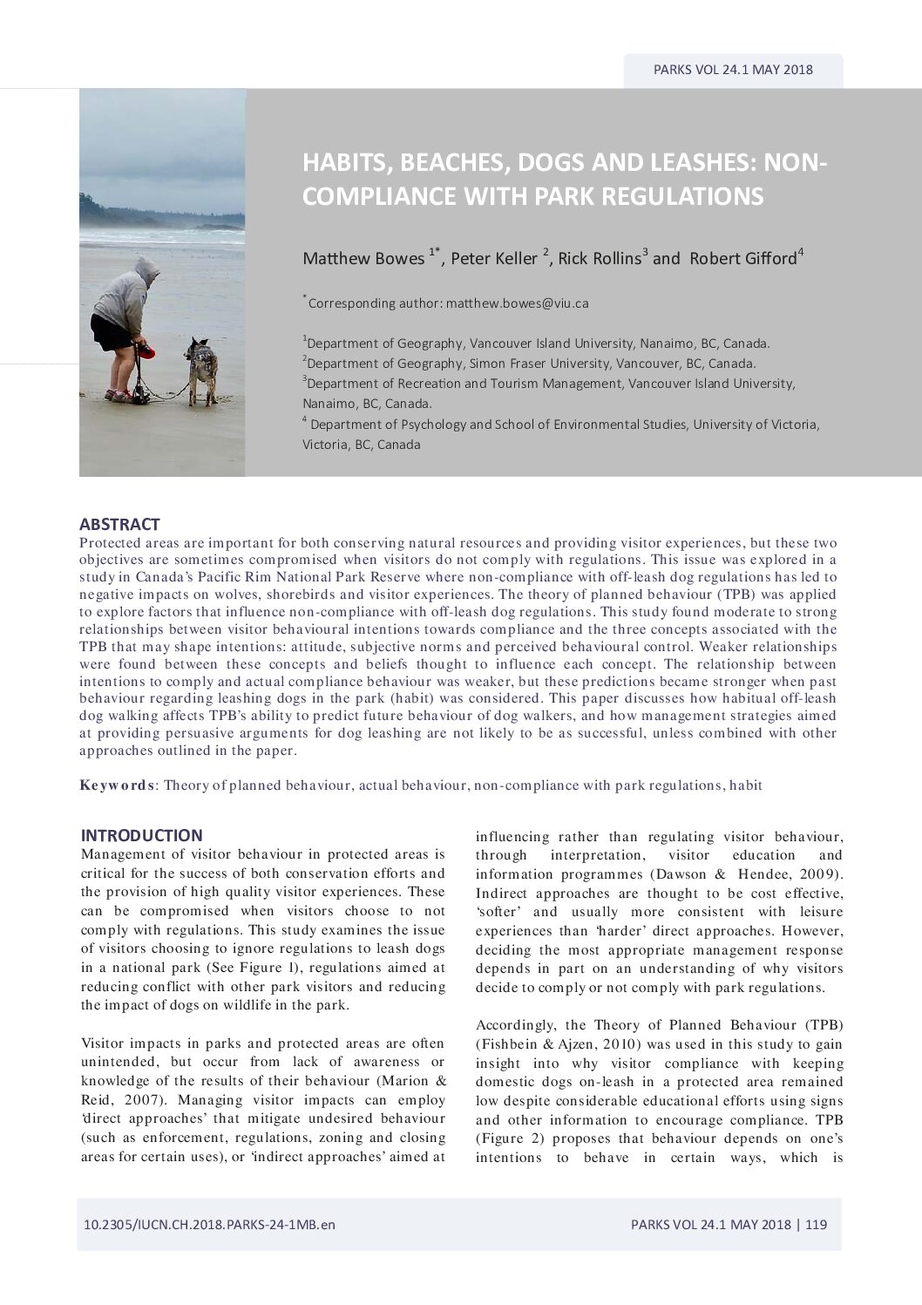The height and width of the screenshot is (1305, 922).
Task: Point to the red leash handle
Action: tap(148, 351)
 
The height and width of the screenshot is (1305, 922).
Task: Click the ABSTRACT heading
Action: tap(119, 524)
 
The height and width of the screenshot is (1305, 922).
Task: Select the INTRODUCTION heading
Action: tap(141, 835)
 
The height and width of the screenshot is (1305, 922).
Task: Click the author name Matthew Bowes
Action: tap(363, 258)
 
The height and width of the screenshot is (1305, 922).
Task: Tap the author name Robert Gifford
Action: tap(742, 258)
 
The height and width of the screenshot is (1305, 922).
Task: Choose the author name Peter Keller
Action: tap(493, 258)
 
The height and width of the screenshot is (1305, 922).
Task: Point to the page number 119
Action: tap(816, 1224)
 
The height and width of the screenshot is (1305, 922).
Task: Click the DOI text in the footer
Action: tap(209, 1224)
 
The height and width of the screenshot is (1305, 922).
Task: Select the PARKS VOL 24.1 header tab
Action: tap(733, 70)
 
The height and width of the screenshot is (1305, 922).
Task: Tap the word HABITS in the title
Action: tap(338, 163)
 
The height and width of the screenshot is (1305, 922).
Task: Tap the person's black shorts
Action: tap(111, 332)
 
